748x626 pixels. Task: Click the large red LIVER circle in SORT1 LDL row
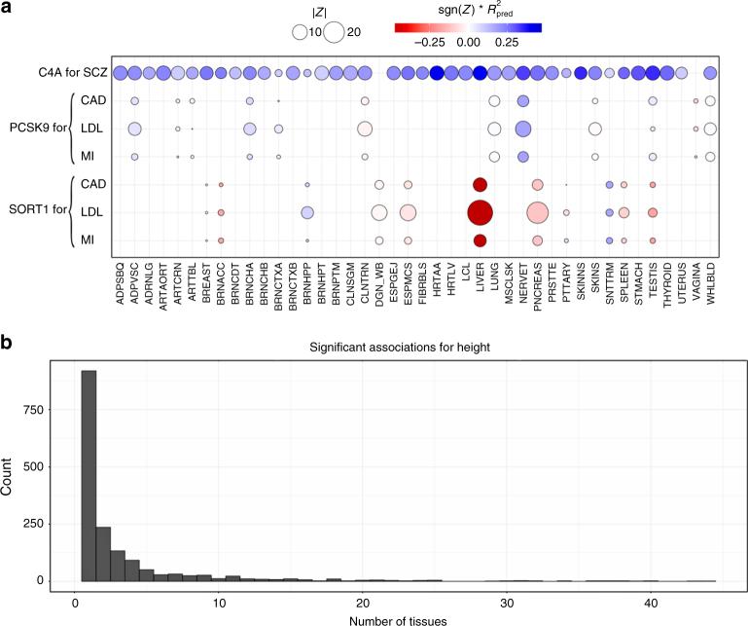(480, 211)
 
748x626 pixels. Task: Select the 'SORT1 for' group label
(33, 211)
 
